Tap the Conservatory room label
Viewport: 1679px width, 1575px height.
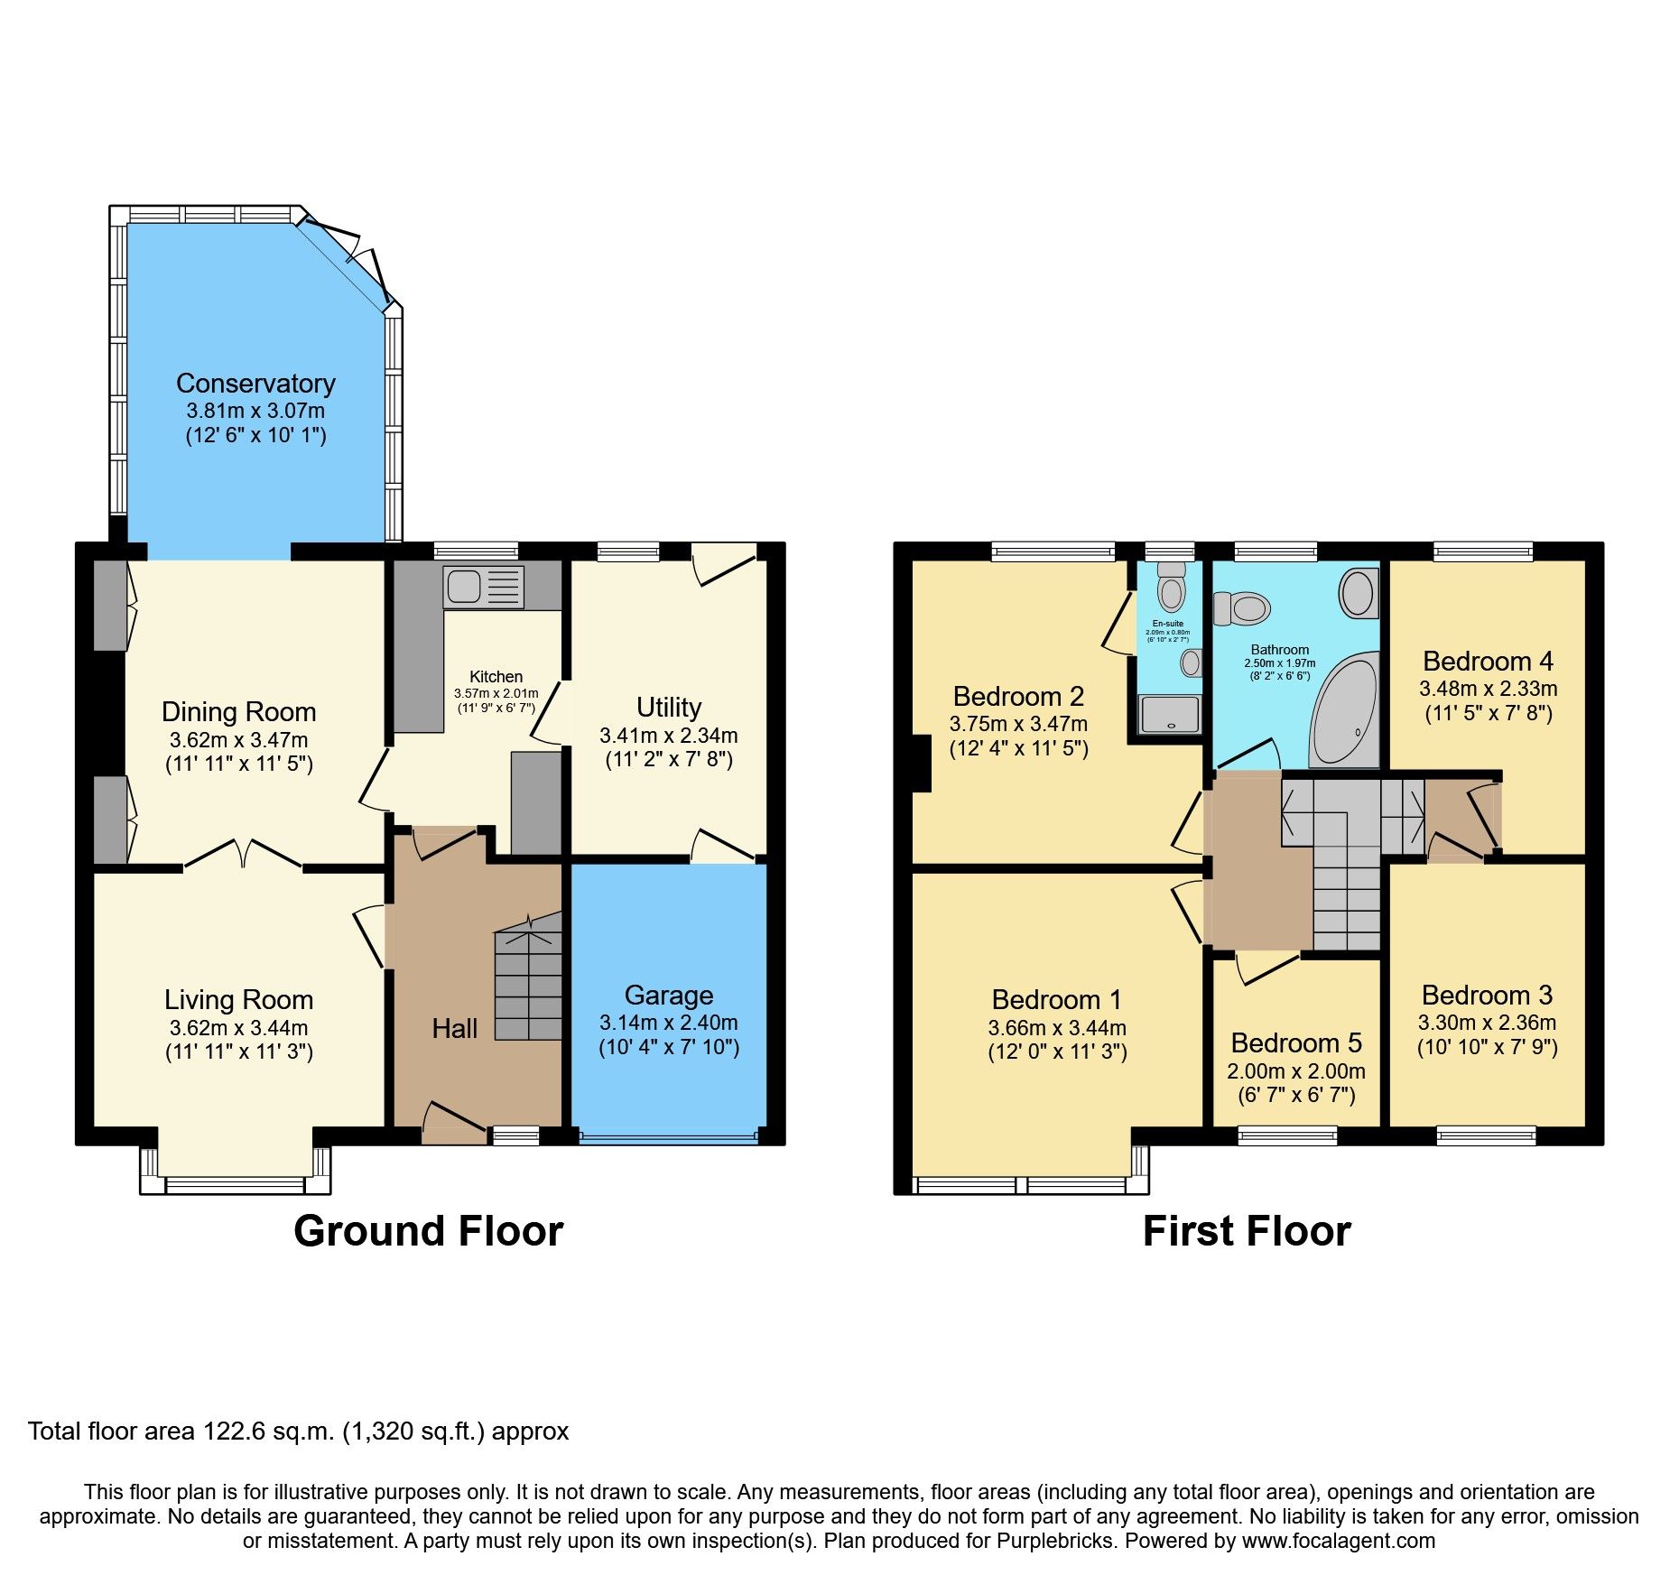[x=255, y=384]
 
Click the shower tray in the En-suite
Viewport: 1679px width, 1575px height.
[x=1170, y=714]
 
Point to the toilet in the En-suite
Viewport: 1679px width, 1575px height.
[x=1171, y=587]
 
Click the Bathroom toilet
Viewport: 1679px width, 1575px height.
[x=1242, y=608]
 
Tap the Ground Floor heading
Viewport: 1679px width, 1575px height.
[x=428, y=1231]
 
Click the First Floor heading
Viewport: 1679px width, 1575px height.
[x=1246, y=1231]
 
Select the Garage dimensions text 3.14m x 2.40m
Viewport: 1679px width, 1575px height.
[x=668, y=1023]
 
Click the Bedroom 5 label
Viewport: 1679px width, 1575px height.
[x=1295, y=1043]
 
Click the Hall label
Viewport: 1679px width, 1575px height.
[x=454, y=1029]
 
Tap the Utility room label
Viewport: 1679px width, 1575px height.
[x=668, y=707]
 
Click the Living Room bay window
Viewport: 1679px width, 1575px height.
[x=235, y=1183]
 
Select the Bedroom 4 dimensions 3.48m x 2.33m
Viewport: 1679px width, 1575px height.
[x=1488, y=689]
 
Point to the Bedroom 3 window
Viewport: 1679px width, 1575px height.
[x=1486, y=1135]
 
